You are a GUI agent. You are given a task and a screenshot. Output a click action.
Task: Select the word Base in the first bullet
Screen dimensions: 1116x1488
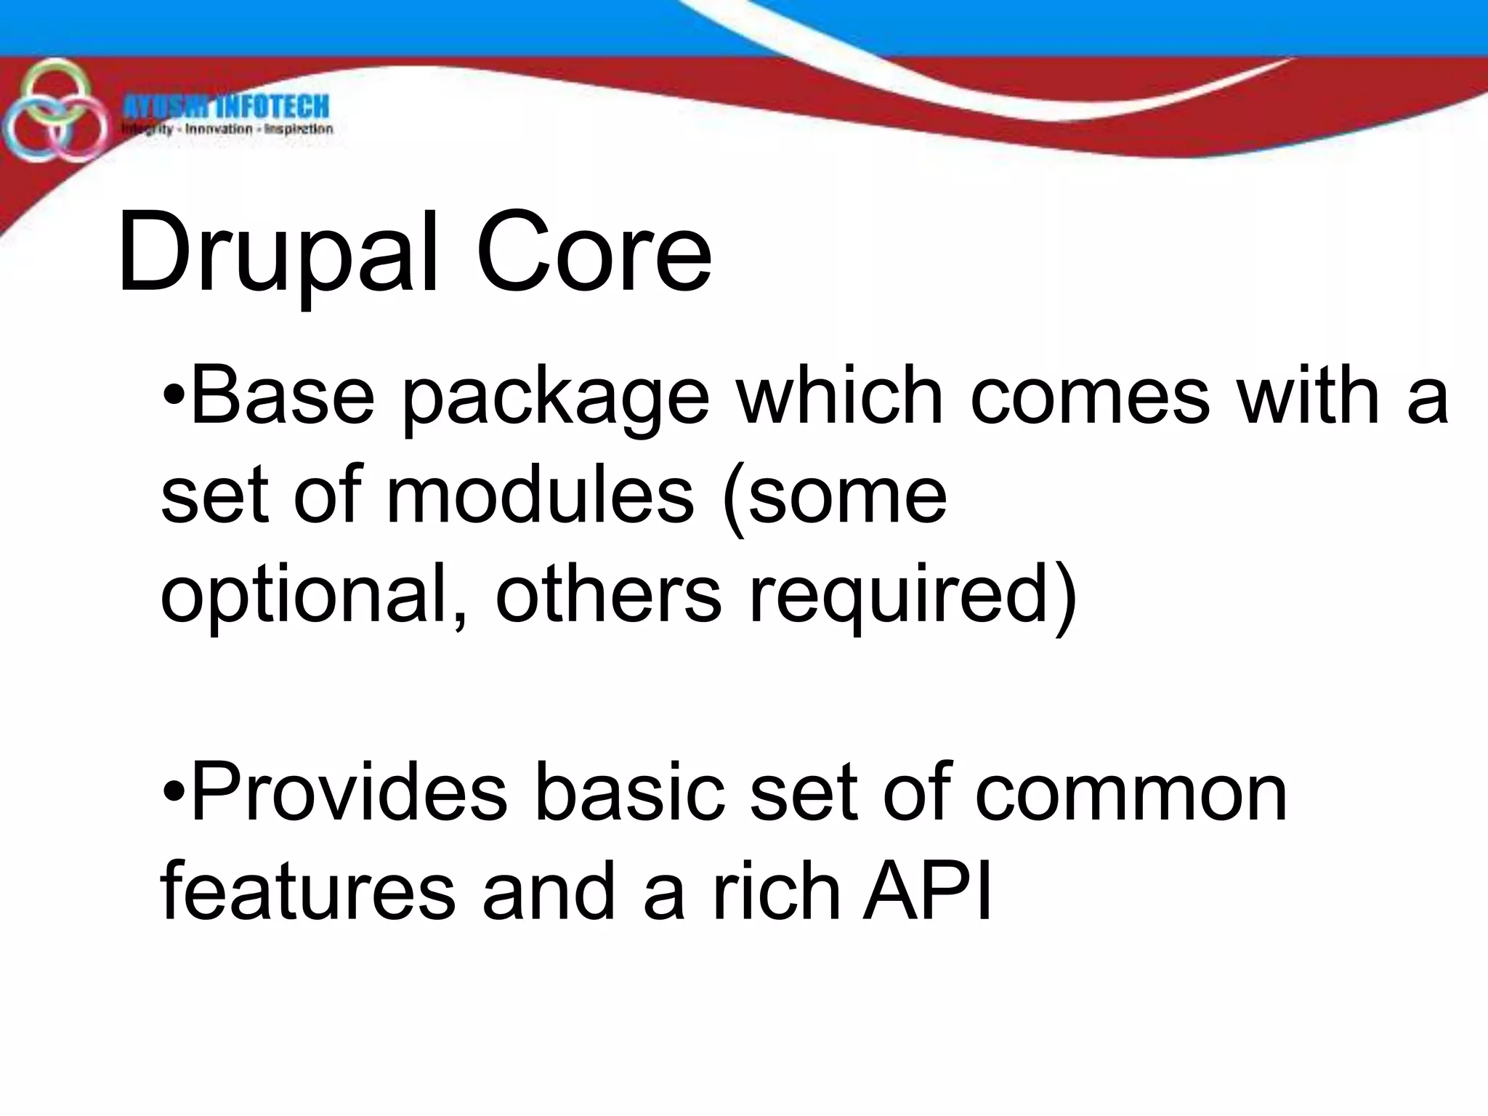click(x=283, y=397)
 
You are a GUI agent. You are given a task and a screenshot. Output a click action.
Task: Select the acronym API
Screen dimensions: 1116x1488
click(x=926, y=891)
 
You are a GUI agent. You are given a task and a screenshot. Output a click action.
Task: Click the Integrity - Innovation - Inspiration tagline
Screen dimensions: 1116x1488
click(x=227, y=130)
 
